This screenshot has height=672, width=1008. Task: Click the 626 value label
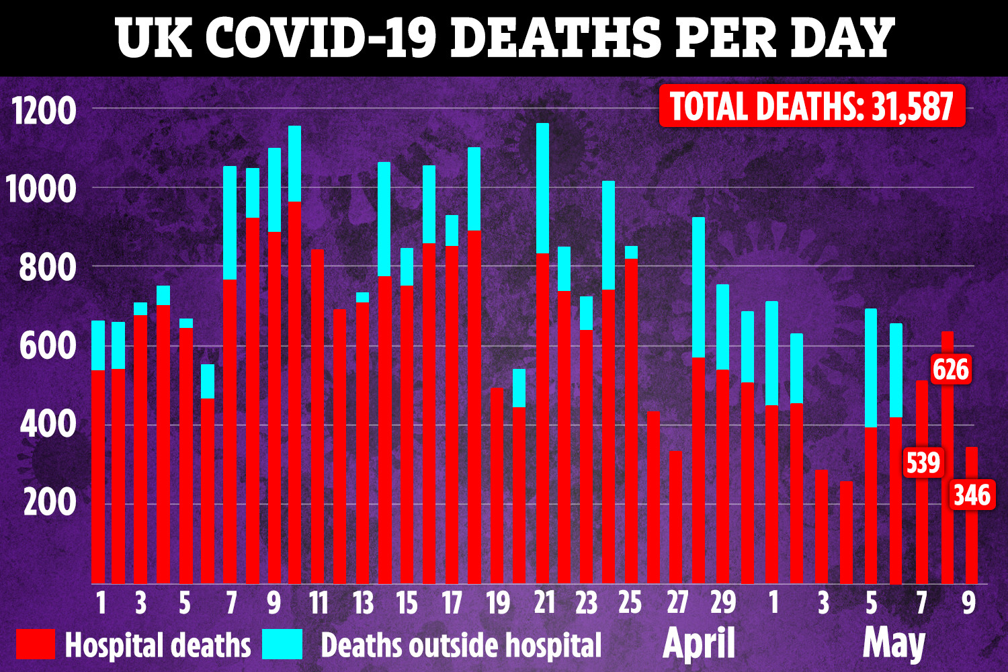coord(951,370)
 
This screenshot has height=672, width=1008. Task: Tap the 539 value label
coord(923,463)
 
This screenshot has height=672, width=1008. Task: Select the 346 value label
coord(972,495)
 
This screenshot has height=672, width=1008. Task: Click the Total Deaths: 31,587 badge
coord(812,106)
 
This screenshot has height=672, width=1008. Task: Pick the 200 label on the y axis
coord(50,503)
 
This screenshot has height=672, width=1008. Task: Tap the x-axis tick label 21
coord(544,603)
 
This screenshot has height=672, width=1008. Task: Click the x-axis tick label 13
coord(363,603)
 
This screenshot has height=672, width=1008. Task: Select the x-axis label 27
coord(677,603)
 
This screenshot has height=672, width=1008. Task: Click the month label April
coord(699,644)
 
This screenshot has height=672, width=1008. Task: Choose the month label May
coord(894,644)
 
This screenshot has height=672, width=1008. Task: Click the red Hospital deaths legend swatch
coord(35,644)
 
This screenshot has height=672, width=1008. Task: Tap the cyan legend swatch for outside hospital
coord(282,644)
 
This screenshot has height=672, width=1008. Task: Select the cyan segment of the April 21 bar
coord(542,188)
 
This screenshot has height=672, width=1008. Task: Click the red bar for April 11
coord(318,417)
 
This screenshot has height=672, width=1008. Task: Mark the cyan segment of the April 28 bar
coord(699,287)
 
